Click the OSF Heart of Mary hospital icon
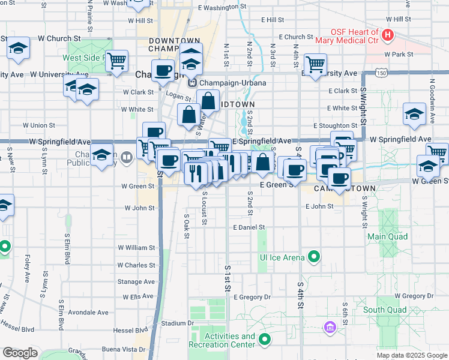[387, 35]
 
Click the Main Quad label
[387, 236]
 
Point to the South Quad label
[381, 310]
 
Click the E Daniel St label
[249, 227]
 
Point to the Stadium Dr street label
[178, 323]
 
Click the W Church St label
[51, 38]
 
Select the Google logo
[20, 352]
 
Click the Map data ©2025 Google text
[412, 355]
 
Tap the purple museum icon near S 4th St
[330, 328]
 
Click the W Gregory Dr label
[414, 296]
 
